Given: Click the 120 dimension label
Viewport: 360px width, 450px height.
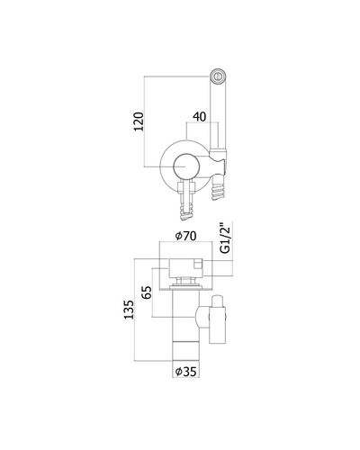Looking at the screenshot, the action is point(139,121).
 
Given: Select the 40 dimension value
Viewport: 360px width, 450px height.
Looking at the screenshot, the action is point(200,117).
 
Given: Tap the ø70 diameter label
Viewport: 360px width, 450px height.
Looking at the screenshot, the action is point(186,236).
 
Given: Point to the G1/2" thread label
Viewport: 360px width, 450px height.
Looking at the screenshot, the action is point(225,238).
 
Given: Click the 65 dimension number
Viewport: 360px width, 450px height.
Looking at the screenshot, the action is point(147,292).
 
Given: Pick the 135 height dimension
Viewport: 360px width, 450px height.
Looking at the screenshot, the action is point(129,310).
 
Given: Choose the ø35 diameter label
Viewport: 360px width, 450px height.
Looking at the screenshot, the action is point(186,372).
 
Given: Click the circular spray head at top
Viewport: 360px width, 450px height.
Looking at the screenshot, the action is point(218,76).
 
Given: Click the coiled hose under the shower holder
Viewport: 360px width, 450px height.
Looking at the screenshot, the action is point(218,188).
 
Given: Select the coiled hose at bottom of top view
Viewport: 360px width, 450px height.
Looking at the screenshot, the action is point(186,210).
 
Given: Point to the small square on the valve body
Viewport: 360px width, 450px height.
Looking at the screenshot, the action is point(198,265).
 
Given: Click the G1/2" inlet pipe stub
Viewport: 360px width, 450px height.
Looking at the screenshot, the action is point(218,268).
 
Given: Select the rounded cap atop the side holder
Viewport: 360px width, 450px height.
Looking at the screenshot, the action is point(217,301).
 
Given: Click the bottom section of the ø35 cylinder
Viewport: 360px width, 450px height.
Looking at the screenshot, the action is point(186,350).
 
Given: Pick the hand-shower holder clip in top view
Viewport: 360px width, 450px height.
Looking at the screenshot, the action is point(219,162).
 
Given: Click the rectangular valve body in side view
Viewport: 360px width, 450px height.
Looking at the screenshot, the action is point(186,267).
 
